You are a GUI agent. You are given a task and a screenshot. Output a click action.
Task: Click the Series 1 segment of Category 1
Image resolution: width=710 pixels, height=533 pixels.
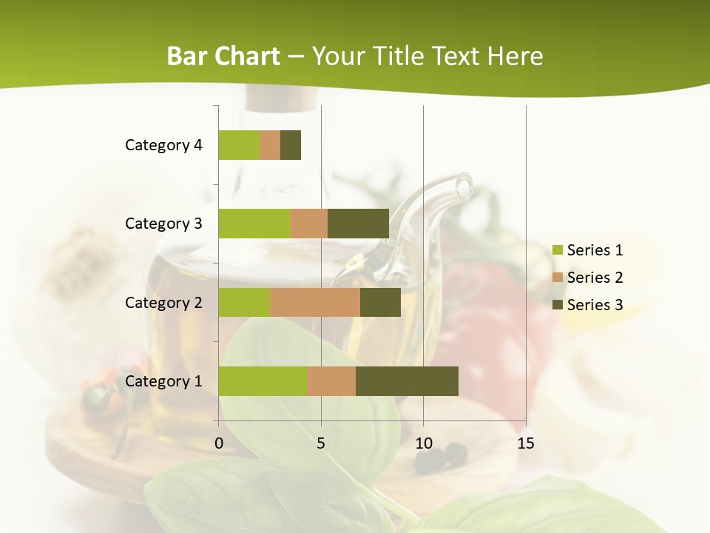tap(263, 381)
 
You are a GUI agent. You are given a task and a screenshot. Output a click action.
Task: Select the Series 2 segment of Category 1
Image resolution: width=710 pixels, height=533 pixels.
tap(331, 381)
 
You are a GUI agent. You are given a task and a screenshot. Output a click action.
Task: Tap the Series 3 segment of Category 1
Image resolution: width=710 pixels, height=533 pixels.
tap(407, 381)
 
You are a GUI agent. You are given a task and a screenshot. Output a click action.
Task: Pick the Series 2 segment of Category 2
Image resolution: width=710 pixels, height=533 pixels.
tap(315, 302)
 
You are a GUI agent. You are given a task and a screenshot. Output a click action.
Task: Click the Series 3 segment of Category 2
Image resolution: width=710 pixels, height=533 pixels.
tap(380, 302)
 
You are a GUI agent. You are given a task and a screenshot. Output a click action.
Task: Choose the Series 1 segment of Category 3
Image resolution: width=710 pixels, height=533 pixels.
tap(254, 224)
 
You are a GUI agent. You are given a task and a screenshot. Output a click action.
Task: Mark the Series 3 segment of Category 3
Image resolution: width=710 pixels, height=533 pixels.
tap(358, 224)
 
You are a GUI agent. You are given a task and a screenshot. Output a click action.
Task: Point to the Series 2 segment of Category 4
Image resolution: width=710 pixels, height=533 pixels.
tap(270, 145)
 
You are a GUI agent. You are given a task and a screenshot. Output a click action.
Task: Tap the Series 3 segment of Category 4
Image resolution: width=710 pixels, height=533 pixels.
tap(291, 145)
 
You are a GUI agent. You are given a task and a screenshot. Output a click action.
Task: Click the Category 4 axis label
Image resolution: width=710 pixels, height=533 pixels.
tap(163, 145)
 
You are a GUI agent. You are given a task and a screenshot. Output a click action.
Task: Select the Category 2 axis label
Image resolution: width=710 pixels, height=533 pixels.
tap(163, 302)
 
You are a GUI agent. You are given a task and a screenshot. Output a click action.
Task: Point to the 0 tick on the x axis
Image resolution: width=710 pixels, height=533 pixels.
tap(219, 443)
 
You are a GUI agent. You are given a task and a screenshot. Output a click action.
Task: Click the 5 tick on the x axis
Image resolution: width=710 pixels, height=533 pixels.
tap(321, 443)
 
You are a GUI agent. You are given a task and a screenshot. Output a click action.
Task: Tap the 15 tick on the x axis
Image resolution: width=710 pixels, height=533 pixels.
tap(526, 443)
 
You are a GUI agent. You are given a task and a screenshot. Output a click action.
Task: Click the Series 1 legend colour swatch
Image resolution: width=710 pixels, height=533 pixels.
tap(558, 250)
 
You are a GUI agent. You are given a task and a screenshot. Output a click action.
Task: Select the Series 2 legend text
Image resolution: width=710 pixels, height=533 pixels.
tap(595, 278)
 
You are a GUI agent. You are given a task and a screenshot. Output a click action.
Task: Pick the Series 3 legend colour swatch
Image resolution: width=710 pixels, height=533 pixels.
tap(558, 305)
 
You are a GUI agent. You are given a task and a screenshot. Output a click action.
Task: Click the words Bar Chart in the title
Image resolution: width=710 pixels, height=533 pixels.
tap(223, 56)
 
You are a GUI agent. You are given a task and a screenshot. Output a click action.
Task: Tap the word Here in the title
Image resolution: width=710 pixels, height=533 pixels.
tap(515, 56)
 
